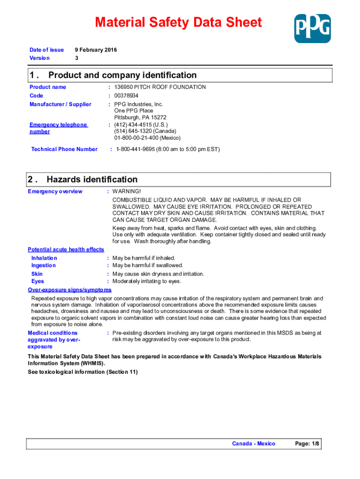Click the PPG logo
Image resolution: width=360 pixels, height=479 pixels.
(312, 28)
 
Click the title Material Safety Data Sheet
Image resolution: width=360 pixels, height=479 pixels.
(178, 22)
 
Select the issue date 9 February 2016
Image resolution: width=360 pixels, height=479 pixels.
(96, 50)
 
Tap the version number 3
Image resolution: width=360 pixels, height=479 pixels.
(77, 58)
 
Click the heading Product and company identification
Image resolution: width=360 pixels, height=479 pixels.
(122, 75)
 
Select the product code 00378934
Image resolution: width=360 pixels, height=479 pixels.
(126, 95)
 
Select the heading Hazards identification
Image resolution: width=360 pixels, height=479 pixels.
(92, 180)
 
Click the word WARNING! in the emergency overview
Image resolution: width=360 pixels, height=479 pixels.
(126, 191)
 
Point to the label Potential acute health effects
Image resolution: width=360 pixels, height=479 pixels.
(66, 249)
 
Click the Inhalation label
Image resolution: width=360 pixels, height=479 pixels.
(44, 258)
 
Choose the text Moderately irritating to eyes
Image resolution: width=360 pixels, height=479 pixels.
(147, 281)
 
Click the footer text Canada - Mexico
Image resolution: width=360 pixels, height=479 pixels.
(254, 443)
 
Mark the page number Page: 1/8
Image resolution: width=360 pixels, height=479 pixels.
(307, 443)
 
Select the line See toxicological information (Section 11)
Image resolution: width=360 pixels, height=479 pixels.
(83, 372)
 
